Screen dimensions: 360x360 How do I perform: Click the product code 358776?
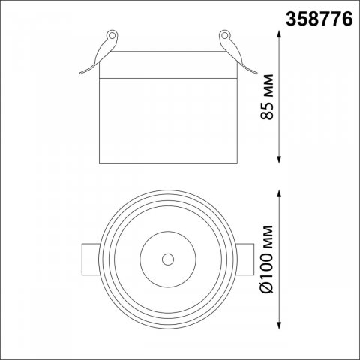click(x=319, y=19)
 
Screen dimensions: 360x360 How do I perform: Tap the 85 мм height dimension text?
click(x=267, y=97)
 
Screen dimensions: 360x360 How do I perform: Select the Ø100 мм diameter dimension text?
click(x=267, y=259)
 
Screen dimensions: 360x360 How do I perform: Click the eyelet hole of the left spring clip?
click(x=112, y=35)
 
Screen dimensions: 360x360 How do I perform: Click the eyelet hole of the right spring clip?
click(x=224, y=35)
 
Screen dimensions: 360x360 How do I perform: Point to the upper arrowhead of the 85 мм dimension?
click(x=279, y=34)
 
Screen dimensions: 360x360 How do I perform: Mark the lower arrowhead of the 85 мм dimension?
click(x=279, y=160)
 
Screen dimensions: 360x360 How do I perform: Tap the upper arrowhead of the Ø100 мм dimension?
click(x=279, y=193)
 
